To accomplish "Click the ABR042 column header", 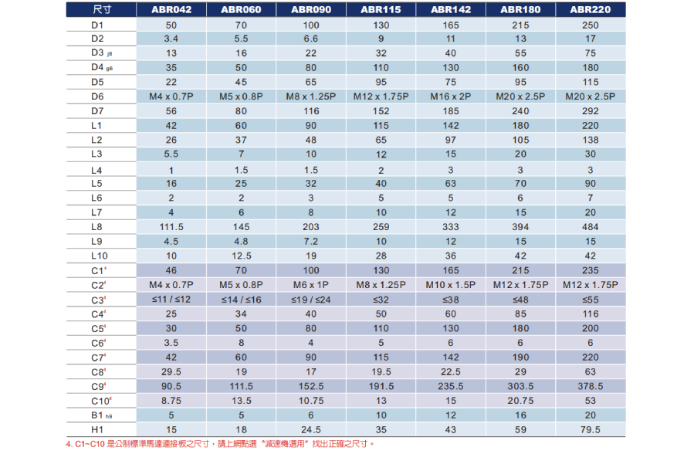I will tap(171, 10).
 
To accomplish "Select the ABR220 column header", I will tap(591, 10).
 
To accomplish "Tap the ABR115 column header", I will tap(381, 10).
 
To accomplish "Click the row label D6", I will tap(96, 97).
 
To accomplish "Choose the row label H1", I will tap(96, 429).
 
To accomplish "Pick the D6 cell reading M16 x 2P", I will tap(451, 97).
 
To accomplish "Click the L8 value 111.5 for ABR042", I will tap(171, 227).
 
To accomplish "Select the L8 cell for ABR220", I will tap(591, 227).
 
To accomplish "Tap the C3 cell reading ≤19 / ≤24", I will tap(311, 300).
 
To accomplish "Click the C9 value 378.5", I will tap(591, 386).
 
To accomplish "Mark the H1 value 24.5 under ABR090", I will tap(311, 429).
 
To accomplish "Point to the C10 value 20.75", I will tap(520, 401).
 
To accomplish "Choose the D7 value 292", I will tap(591, 111).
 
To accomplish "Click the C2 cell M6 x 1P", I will tap(311, 285).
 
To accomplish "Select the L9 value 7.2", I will tap(311, 242).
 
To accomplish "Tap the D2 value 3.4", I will tap(171, 39).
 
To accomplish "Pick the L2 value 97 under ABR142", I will tap(451, 140).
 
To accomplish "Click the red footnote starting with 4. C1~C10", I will tap(220, 444).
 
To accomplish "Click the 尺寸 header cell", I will tap(100, 10).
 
